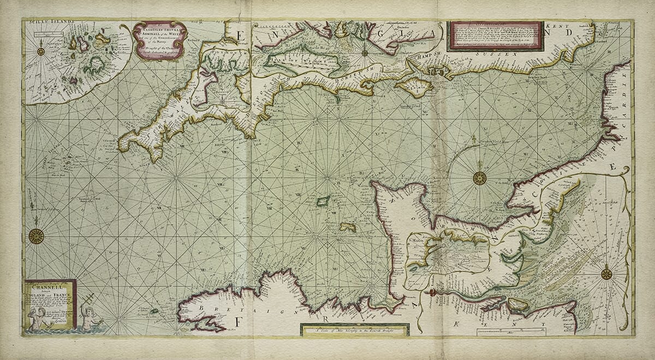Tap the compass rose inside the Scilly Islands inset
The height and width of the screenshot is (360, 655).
pyautogui.click(x=40, y=51)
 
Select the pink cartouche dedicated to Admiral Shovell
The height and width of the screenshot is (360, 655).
pyautogui.click(x=160, y=40)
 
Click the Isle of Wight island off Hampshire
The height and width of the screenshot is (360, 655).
pyautogui.click(x=414, y=87)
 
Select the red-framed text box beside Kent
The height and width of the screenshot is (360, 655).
pyautogui.click(x=495, y=36)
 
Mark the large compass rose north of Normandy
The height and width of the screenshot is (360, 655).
pyautogui.click(x=479, y=178)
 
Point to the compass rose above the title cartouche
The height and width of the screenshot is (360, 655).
pyautogui.click(x=36, y=236)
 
